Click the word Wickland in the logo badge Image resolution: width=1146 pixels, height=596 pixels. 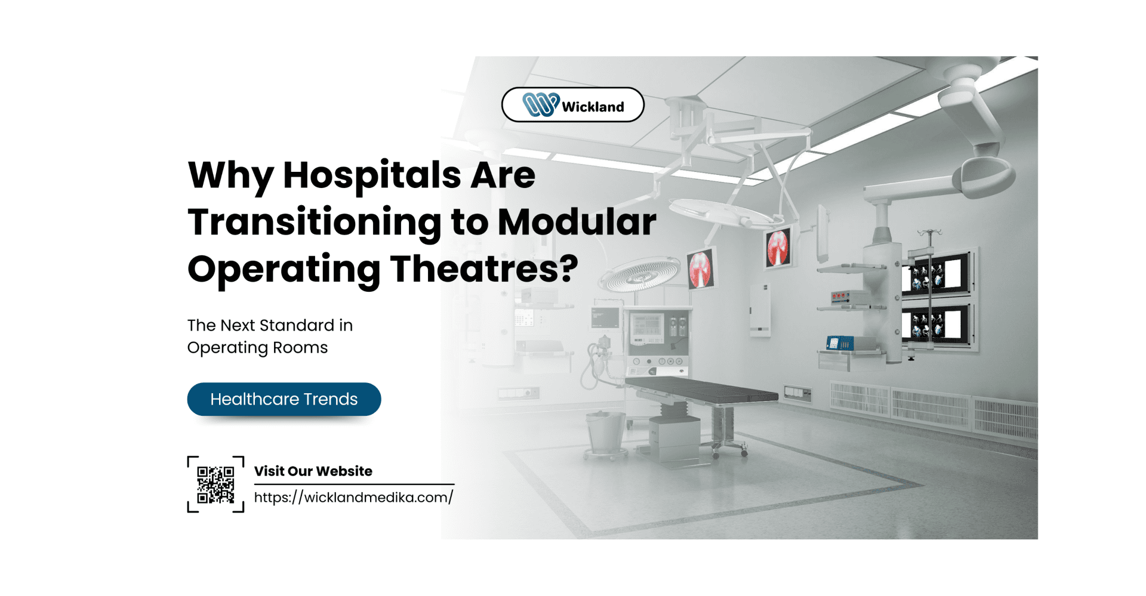click(x=593, y=107)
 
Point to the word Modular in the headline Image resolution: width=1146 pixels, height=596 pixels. click(x=577, y=221)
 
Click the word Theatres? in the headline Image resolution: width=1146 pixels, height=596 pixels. click(x=485, y=268)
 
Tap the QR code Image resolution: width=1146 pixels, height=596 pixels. click(x=215, y=484)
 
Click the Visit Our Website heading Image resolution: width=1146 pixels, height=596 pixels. click(x=313, y=471)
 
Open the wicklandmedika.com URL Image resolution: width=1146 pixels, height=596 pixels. click(x=354, y=497)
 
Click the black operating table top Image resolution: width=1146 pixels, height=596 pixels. click(x=701, y=390)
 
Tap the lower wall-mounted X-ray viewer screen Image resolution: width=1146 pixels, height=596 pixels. click(x=935, y=325)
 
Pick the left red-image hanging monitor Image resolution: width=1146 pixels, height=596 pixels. click(x=701, y=268)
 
